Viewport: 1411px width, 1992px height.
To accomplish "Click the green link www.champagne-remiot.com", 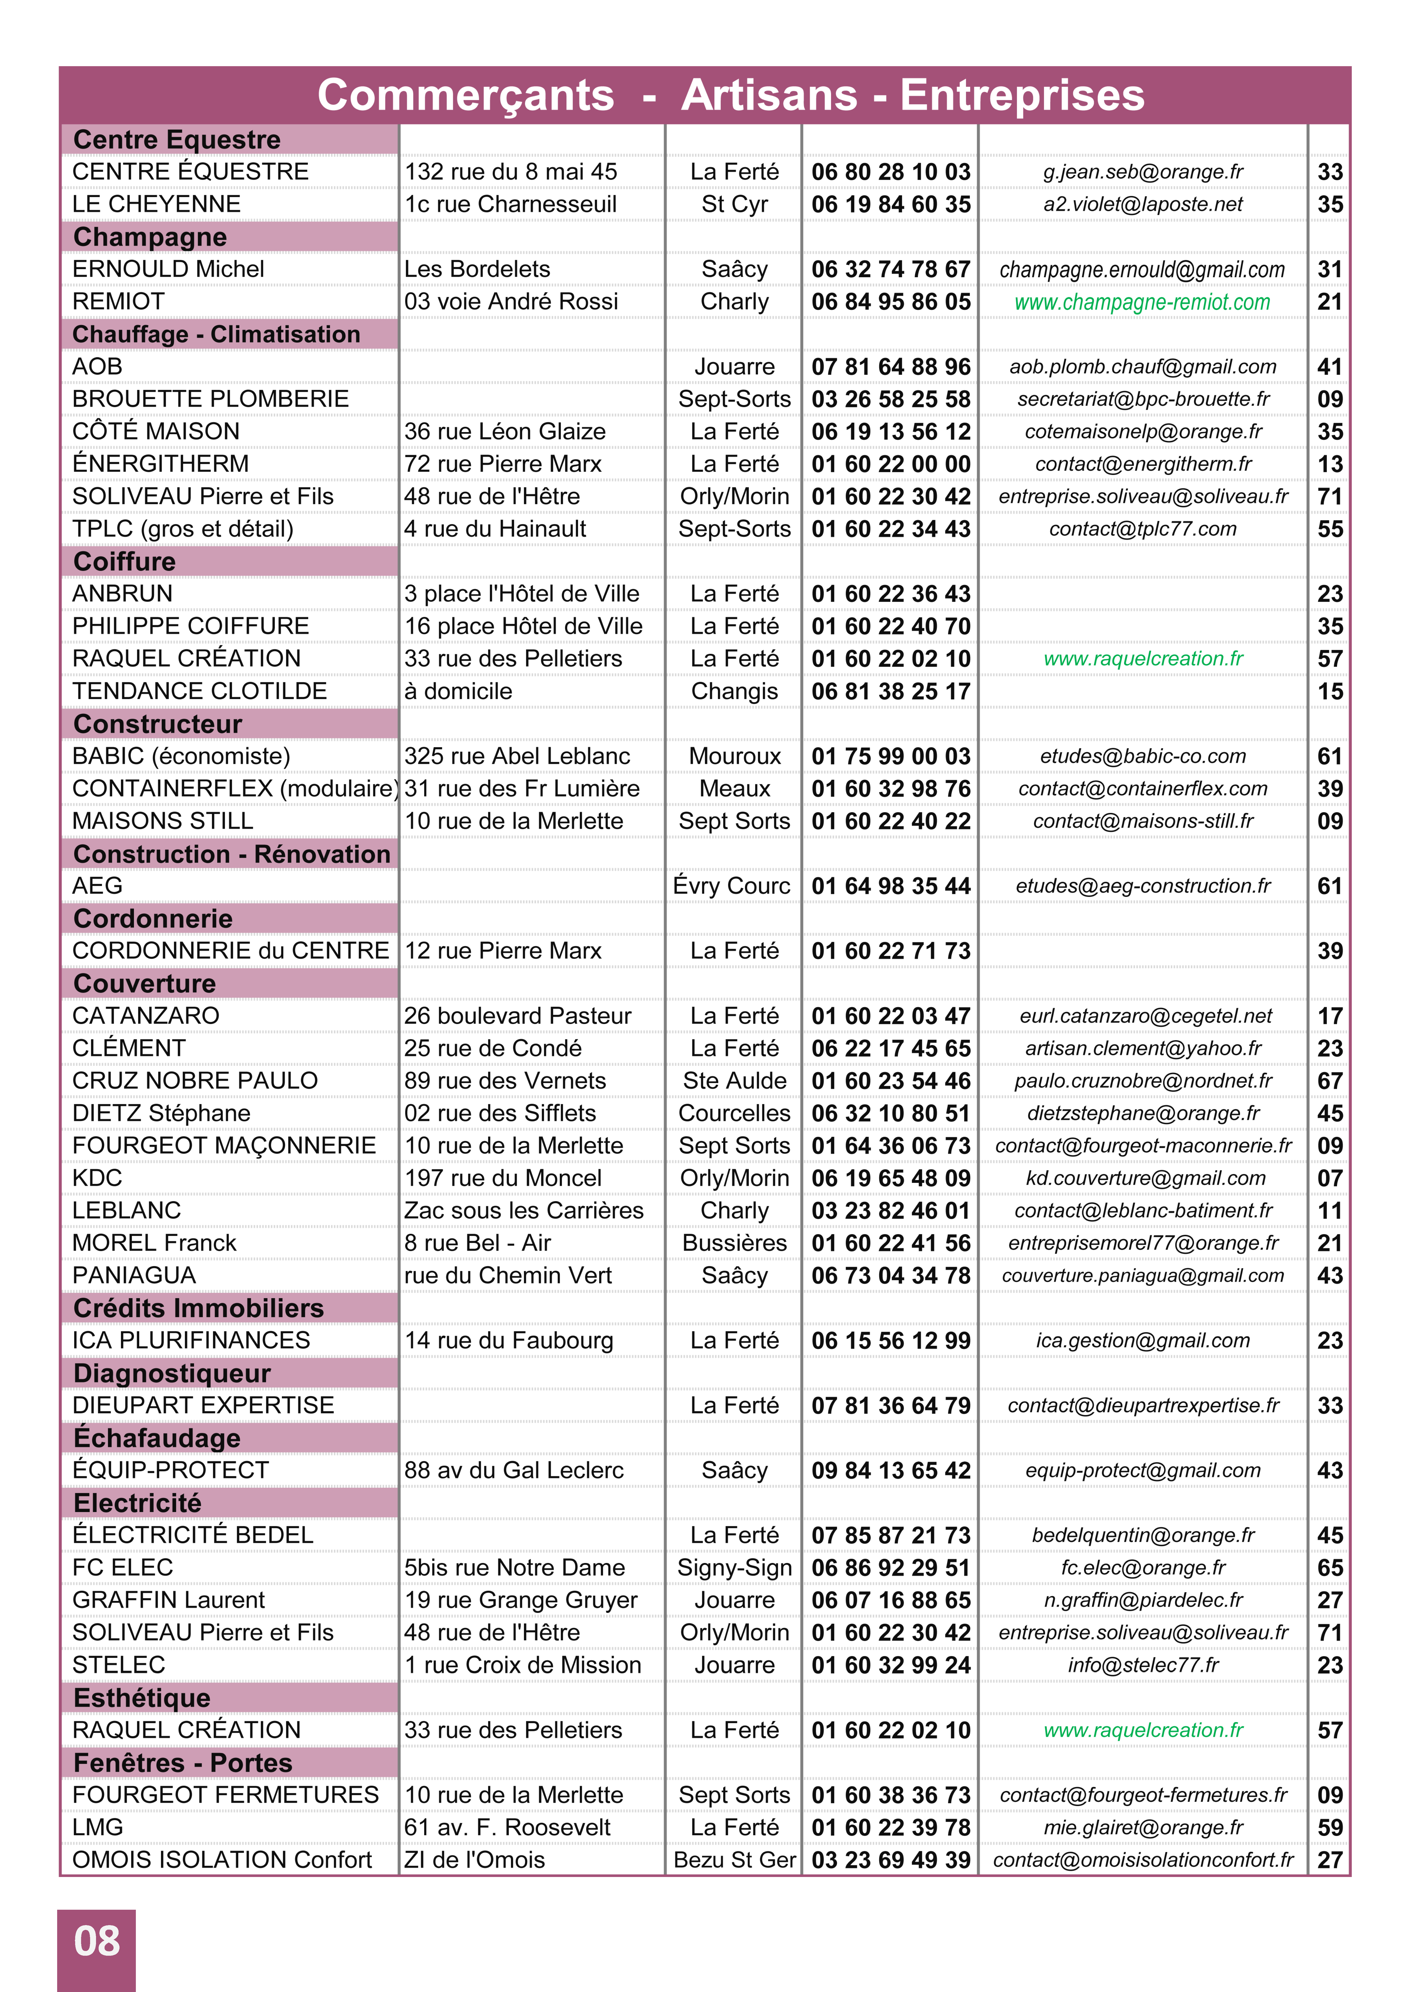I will click(x=1142, y=302).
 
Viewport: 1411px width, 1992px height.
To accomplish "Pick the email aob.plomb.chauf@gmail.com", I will click(x=1142, y=367).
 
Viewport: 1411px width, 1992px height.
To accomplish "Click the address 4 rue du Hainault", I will click(x=494, y=529).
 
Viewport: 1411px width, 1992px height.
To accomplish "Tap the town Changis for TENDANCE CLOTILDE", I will click(x=734, y=692).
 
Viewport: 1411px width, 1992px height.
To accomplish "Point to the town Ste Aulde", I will click(x=734, y=1081).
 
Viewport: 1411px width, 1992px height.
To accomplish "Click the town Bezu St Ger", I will click(x=734, y=1860).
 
